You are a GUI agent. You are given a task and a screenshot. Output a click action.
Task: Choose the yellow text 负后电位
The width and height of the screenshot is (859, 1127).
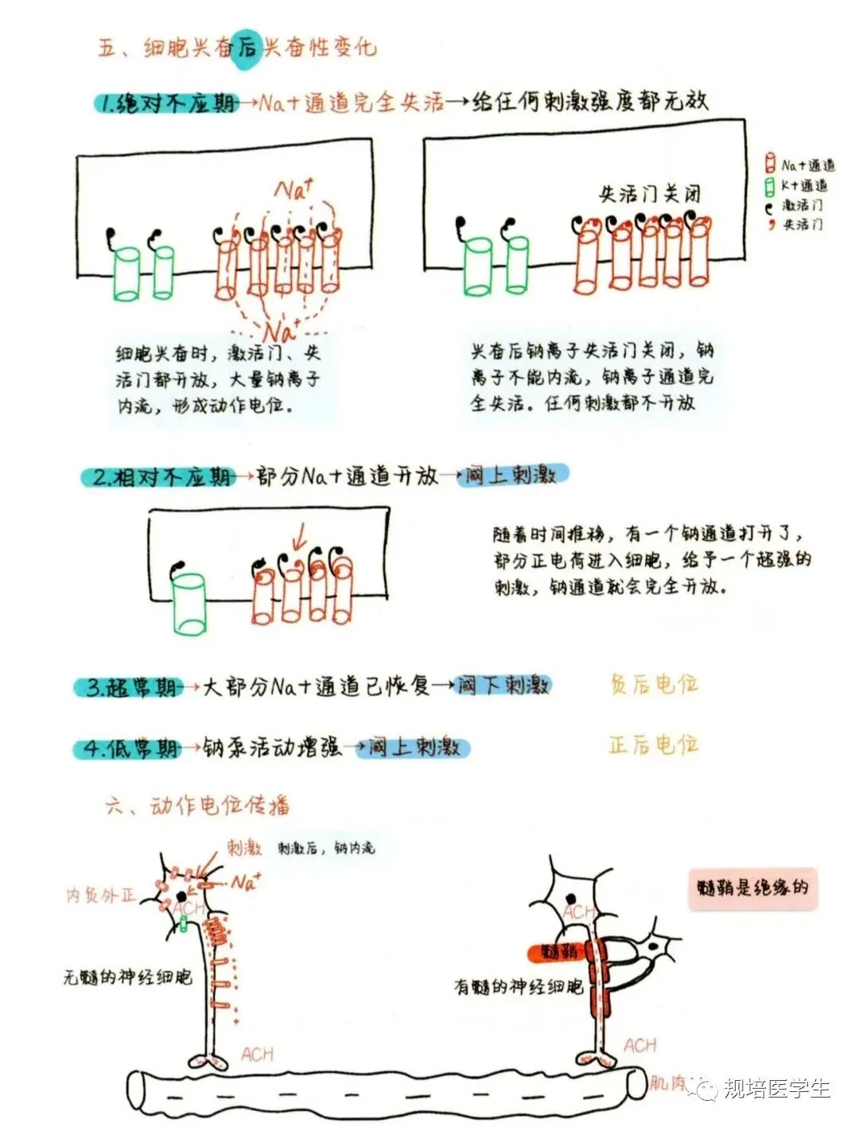[x=654, y=684]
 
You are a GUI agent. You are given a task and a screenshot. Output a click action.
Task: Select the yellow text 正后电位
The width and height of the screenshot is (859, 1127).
[x=654, y=745]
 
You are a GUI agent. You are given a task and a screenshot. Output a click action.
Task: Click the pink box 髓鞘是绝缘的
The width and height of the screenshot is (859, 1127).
[x=752, y=888]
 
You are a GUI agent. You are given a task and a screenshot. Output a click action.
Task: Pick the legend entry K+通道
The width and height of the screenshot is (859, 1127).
[x=797, y=185]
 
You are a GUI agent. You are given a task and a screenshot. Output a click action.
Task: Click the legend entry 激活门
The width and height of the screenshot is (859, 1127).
[x=795, y=205]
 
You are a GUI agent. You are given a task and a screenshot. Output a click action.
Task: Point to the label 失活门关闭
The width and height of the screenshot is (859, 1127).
[x=649, y=194]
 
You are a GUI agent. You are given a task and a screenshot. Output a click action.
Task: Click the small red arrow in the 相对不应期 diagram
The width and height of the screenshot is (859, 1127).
[x=298, y=538]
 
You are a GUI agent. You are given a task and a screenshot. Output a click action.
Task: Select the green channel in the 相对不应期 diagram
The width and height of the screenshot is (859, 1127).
[x=189, y=604]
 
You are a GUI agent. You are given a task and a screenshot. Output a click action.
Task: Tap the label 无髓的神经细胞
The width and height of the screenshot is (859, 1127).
[x=127, y=977]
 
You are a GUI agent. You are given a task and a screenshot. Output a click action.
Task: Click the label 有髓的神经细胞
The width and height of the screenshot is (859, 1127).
[x=518, y=987]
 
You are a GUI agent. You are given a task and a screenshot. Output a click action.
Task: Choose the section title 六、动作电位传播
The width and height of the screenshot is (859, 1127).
[x=196, y=806]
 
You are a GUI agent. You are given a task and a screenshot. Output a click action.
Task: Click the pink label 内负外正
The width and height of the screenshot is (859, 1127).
[x=101, y=896]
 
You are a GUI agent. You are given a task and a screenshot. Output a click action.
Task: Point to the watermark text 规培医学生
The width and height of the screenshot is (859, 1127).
[x=776, y=1088]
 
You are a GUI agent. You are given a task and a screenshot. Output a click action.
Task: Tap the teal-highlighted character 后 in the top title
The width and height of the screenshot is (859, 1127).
[x=247, y=48]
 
